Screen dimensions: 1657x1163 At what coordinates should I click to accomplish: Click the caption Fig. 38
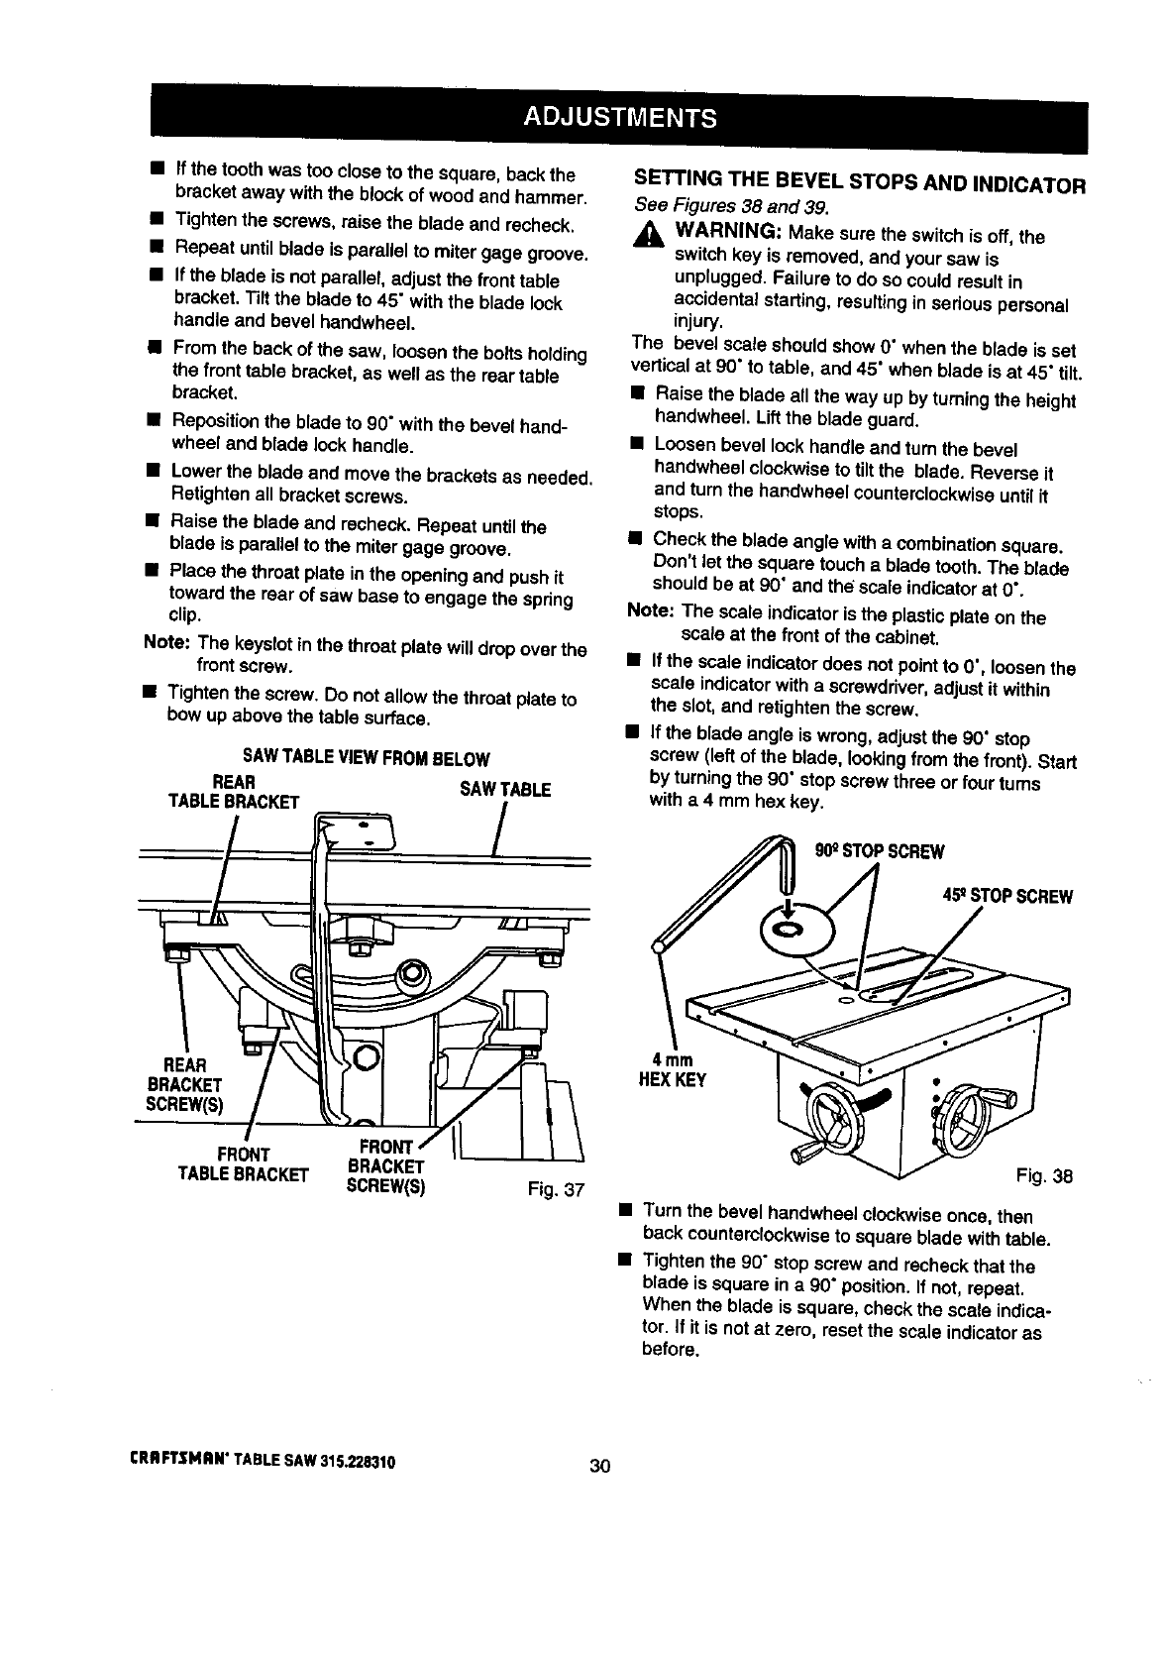pyautogui.click(x=1044, y=1176)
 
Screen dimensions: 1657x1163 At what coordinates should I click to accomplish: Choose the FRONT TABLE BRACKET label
pyautogui.click(x=243, y=1164)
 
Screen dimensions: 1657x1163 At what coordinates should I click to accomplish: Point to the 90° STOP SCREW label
pyautogui.click(x=879, y=852)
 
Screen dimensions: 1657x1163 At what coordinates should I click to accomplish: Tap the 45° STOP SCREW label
pyautogui.click(x=1007, y=897)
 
